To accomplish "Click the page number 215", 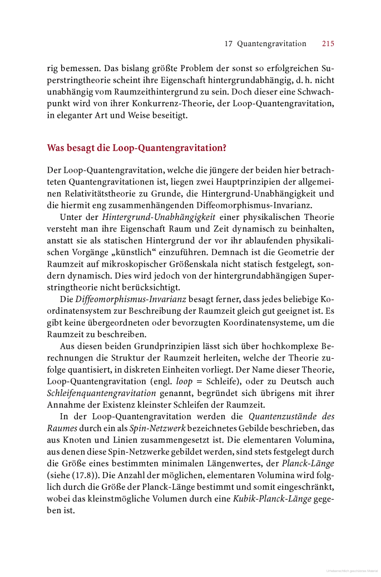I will tap(328, 43).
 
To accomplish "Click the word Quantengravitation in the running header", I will tap(272, 43).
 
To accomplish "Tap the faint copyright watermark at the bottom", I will tap(352, 570).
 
